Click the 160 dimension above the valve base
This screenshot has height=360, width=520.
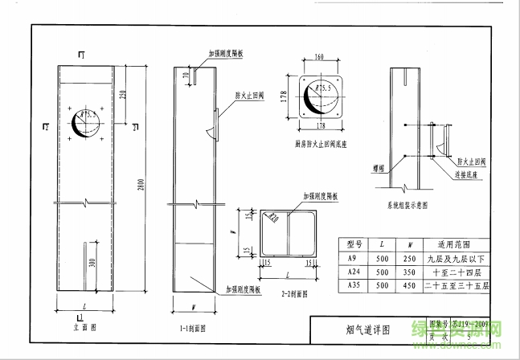click(321, 58)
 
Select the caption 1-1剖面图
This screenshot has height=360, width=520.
click(193, 327)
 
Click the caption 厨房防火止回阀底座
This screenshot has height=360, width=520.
click(326, 145)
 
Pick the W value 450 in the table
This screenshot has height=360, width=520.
click(410, 285)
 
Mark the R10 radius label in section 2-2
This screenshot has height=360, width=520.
click(274, 216)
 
